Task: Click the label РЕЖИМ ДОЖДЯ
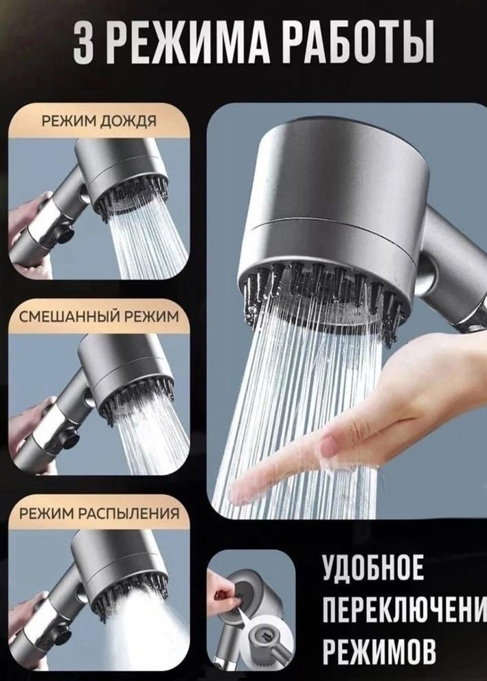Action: [x=99, y=120]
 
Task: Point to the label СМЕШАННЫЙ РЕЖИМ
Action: [x=99, y=316]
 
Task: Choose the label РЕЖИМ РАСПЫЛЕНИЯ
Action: [x=99, y=513]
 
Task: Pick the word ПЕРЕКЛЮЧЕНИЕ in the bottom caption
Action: [x=404, y=610]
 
